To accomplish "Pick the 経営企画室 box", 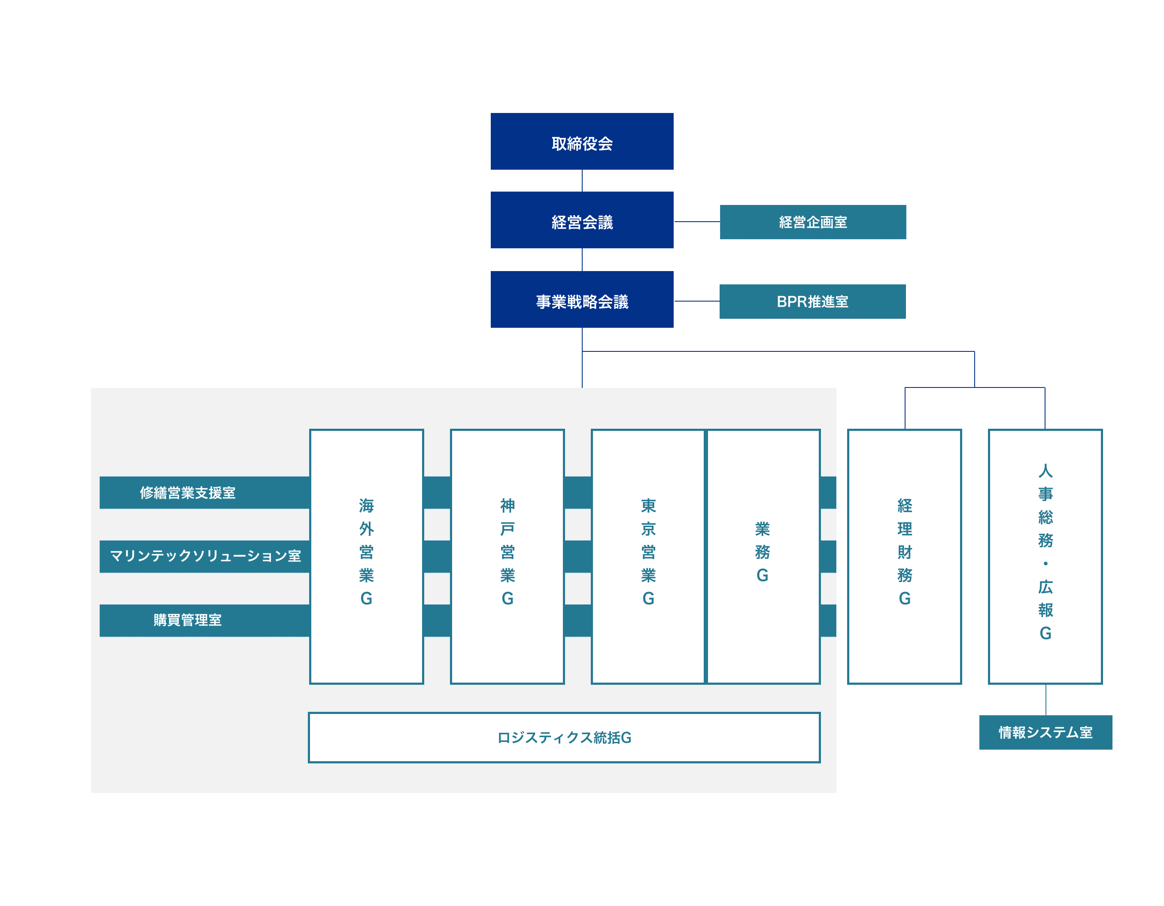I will pyautogui.click(x=812, y=222).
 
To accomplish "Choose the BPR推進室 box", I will pyautogui.click(x=812, y=301).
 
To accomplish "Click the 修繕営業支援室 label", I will pyautogui.click(x=188, y=492).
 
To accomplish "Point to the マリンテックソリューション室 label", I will pyautogui.click(x=205, y=556).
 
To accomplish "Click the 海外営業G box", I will pyautogui.click(x=366, y=556).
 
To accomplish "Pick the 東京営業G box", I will pyautogui.click(x=647, y=556).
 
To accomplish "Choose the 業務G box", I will pyautogui.click(x=763, y=556).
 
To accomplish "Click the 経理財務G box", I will pyautogui.click(x=904, y=556).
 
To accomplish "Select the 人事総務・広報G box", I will pyautogui.click(x=1045, y=556).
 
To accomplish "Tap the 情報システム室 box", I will pyautogui.click(x=1045, y=732).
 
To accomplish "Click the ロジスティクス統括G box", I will pyautogui.click(x=564, y=738).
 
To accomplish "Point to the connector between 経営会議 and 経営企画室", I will pyautogui.click(x=696, y=222).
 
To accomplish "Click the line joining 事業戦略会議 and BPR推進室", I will pyautogui.click(x=696, y=301).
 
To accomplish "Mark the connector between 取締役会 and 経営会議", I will pyautogui.click(x=582, y=180).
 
